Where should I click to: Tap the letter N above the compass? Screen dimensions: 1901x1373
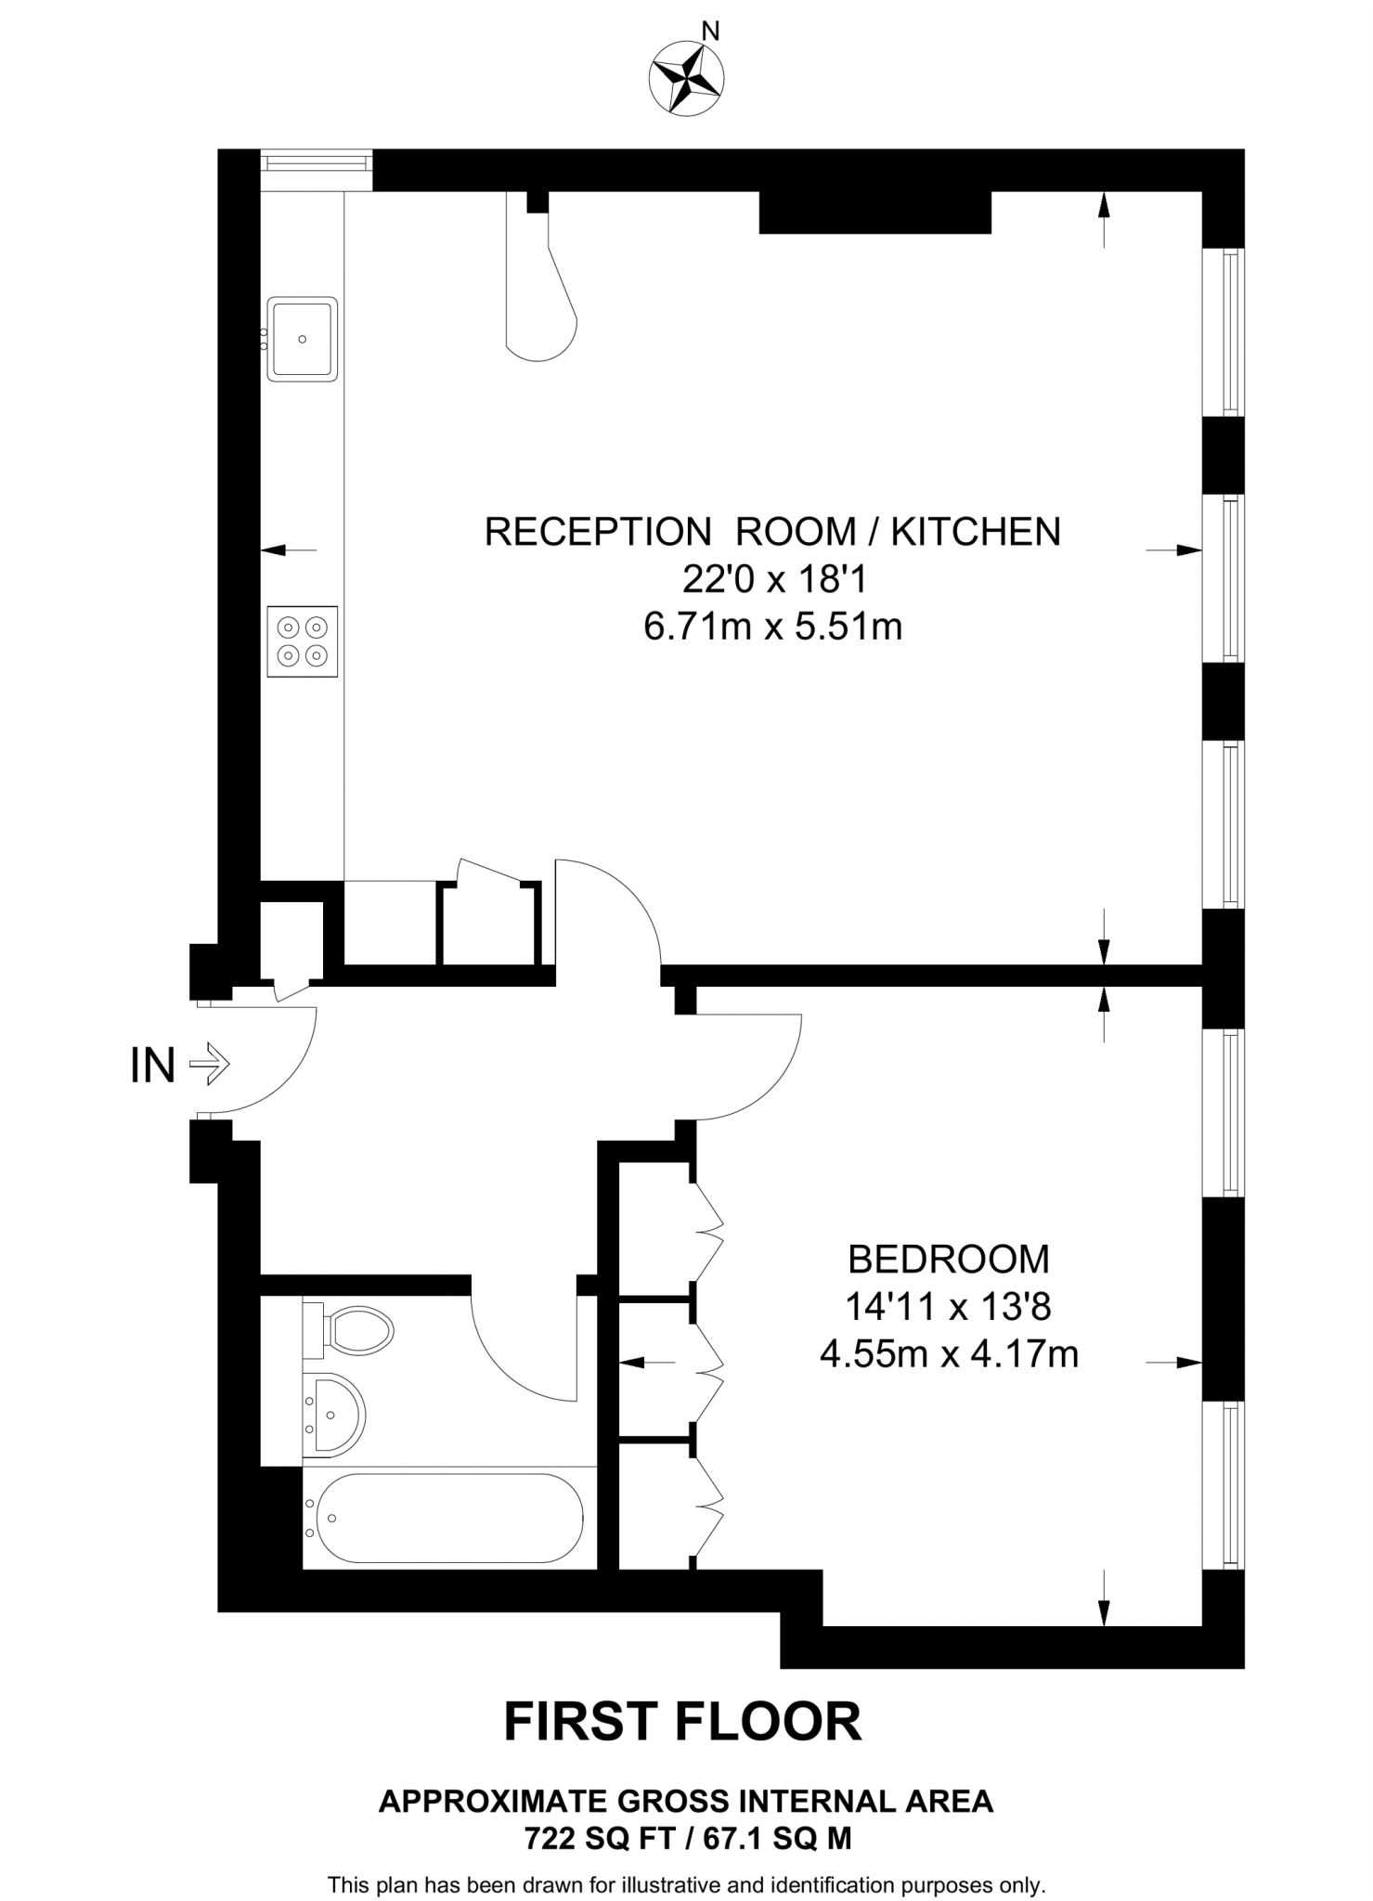coord(710,32)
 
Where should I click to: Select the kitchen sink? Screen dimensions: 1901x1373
coord(302,339)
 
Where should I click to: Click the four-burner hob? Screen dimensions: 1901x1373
coord(302,641)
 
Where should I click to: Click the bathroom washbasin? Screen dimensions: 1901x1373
coord(335,1415)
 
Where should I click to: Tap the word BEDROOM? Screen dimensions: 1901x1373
coord(949,1260)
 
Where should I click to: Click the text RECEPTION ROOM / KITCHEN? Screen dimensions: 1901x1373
coord(772,532)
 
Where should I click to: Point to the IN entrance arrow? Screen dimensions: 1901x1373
coord(210,1064)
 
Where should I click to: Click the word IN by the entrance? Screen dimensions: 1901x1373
coord(153,1066)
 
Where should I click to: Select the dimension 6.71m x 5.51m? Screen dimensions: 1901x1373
coord(772,627)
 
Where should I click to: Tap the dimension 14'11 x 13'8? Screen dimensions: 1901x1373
coord(948,1308)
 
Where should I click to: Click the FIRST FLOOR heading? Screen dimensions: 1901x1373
coord(682,1722)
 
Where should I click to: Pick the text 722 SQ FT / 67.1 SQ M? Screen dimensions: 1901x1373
coord(687,1838)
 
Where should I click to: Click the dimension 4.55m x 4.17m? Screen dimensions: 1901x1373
coord(949,1355)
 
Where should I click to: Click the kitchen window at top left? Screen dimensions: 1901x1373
coord(316,163)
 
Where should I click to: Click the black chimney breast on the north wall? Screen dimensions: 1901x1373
coord(874,212)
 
